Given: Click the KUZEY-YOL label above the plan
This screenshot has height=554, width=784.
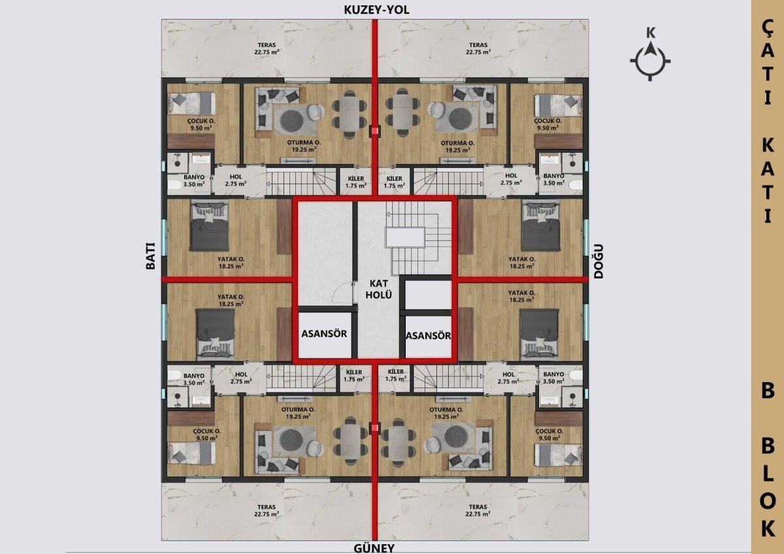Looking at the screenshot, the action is point(376,10).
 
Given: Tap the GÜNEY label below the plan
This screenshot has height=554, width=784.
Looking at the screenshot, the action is point(374,548).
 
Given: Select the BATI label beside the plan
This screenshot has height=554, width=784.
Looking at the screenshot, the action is point(150,256).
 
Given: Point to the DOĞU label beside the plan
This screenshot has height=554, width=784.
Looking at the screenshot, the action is point(598,261).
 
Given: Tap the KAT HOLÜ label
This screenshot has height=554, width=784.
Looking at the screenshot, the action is point(379,289).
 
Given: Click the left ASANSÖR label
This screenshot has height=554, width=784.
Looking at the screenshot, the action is point(324,334).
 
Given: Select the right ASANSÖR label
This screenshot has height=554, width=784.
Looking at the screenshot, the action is point(428,336).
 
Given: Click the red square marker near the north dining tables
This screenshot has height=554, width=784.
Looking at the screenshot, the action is point(375,131).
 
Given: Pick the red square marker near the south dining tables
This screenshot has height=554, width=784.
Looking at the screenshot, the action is point(375,427).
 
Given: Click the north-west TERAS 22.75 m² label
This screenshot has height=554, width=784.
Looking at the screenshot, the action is point(267,48).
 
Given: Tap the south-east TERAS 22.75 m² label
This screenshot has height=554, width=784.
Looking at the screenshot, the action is point(478,510).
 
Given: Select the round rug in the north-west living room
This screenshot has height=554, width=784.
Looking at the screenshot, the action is point(291,120).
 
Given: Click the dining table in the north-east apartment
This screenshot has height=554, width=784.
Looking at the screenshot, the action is point(402,112).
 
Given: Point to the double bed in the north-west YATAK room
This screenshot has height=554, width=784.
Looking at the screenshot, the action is point(209,225).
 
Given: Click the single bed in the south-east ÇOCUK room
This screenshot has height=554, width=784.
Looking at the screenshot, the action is point(559,455).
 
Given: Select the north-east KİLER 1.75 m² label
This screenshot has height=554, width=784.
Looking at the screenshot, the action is point(395,182).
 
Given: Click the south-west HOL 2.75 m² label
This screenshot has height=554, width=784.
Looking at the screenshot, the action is point(241,378).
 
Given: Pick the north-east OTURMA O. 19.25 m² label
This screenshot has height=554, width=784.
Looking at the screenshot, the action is point(457,146).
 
